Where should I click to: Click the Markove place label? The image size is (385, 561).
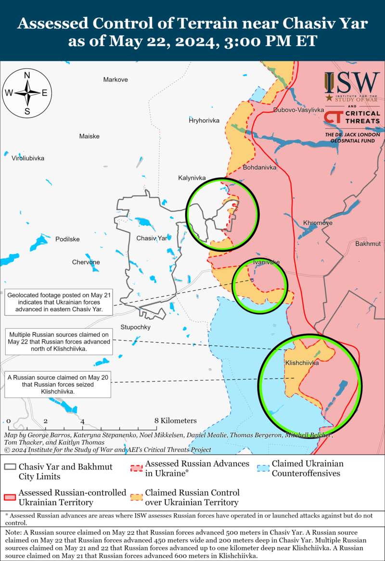(115, 79)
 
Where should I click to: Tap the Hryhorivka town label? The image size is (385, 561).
(204, 120)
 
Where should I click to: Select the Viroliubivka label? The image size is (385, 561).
(28, 158)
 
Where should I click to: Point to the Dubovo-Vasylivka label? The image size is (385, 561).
(298, 110)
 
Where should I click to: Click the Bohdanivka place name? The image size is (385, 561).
(260, 168)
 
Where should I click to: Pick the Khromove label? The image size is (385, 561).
(318, 223)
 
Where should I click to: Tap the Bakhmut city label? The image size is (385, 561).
(368, 244)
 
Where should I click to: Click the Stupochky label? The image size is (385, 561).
(135, 327)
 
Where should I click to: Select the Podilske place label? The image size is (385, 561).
(67, 239)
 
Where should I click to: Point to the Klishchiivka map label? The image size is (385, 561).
(302, 363)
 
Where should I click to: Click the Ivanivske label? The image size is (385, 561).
(266, 262)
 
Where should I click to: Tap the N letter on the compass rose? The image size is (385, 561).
(27, 75)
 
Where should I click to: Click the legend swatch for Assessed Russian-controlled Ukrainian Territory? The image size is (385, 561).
(10, 497)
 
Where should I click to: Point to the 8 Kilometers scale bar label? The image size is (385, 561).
(176, 421)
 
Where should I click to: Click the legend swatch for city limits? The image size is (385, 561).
(10, 468)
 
